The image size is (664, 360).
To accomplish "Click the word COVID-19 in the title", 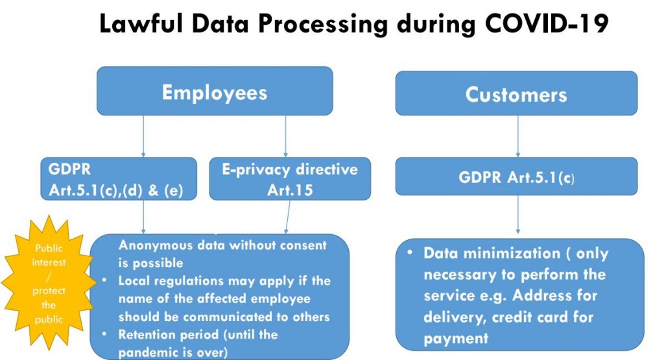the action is pyautogui.click(x=547, y=23).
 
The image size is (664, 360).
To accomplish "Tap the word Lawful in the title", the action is pyautogui.click(x=141, y=23).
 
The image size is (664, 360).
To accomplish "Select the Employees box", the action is pyautogui.click(x=215, y=91).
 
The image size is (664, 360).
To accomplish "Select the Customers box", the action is pyautogui.click(x=516, y=93).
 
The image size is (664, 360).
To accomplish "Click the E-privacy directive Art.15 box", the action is pyautogui.click(x=290, y=179).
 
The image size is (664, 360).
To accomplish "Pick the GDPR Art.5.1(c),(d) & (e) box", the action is pyautogui.click(x=119, y=179).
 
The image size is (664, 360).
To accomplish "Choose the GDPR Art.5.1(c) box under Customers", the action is pyautogui.click(x=516, y=176).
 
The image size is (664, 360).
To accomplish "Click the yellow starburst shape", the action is pyautogui.click(x=49, y=283).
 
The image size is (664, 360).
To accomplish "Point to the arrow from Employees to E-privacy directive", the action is pyautogui.click(x=285, y=136).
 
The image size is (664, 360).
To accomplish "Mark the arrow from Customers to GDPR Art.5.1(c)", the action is pyautogui.click(x=518, y=136).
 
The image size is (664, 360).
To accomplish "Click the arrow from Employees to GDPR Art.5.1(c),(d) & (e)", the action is pyautogui.click(x=143, y=136).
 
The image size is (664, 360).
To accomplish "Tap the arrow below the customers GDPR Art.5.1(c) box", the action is pyautogui.click(x=518, y=214).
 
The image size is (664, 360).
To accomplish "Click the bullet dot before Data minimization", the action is pyautogui.click(x=410, y=252).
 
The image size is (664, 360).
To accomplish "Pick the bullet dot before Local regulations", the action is pyautogui.click(x=104, y=280).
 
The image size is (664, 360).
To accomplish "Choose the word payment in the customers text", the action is pyautogui.click(x=456, y=339).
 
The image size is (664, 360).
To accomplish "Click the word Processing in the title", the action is pyautogui.click(x=323, y=24).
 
